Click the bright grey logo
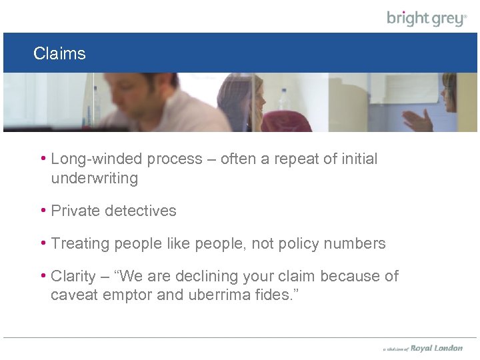pos(427,18)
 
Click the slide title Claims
pos(59,53)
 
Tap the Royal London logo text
pos(436,348)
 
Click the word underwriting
pos(94,179)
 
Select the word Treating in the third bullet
pos(80,244)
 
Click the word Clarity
pos(73,276)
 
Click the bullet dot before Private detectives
pos(43,211)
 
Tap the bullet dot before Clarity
pos(43,275)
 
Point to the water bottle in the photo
pos(285,100)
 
